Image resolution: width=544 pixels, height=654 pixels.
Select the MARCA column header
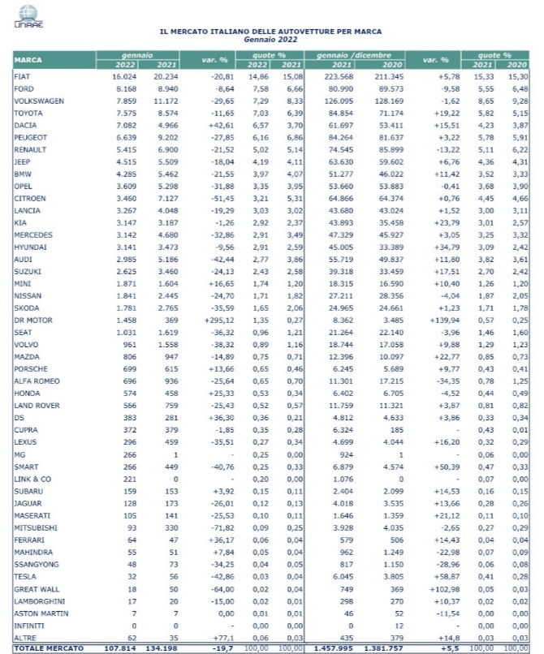pos(28,59)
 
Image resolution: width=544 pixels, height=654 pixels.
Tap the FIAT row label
pos(22,75)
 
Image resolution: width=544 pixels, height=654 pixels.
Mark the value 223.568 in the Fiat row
pos(336,75)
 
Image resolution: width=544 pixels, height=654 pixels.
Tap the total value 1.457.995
pos(330,648)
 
